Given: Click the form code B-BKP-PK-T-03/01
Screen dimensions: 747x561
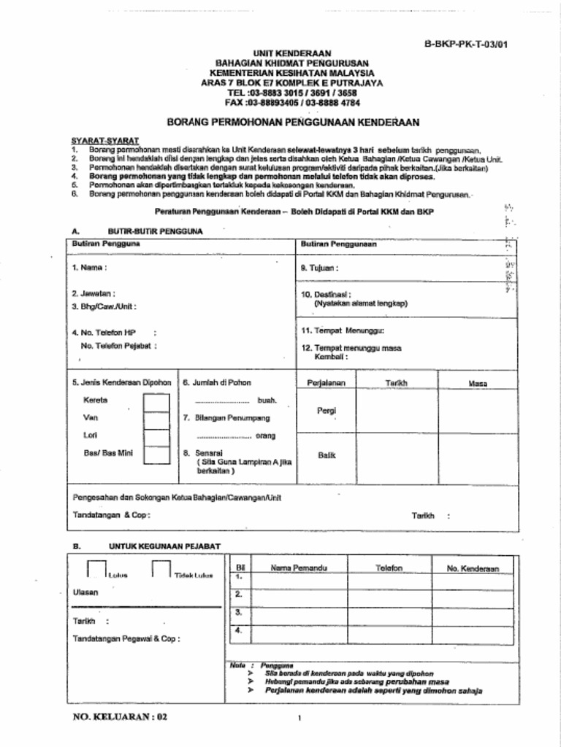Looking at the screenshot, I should tap(466, 44).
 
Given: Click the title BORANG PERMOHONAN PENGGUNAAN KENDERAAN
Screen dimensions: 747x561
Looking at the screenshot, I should tap(293, 122).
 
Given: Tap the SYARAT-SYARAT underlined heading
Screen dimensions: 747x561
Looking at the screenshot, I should tap(105, 139).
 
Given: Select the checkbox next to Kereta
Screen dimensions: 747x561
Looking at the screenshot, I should tap(156, 402).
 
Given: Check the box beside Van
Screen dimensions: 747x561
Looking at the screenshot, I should tap(156, 419).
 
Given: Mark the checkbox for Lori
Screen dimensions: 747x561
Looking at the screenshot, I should tap(156, 437).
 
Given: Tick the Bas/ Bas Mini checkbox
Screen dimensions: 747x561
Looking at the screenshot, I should tap(156, 454).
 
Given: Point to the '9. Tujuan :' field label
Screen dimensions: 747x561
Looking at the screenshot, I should tap(320, 268).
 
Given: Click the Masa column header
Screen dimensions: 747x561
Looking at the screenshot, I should tap(478, 383).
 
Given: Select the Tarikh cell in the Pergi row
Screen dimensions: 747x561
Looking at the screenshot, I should tap(397, 411).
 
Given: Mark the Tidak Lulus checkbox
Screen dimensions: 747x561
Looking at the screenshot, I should tap(161, 569).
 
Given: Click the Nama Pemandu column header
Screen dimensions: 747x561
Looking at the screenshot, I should tap(299, 568).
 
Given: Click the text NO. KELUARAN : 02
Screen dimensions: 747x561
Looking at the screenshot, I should tap(121, 716).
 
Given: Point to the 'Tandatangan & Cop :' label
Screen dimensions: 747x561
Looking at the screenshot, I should tap(112, 515).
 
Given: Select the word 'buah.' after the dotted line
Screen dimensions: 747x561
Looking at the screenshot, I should tap(267, 401).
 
